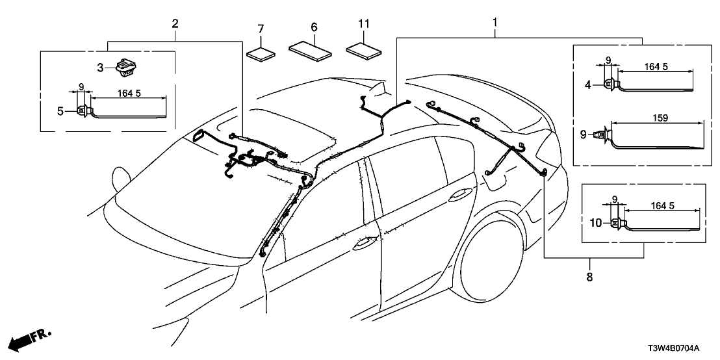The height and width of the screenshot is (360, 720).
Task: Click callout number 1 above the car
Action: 495,23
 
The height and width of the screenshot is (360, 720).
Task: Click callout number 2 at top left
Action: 175,24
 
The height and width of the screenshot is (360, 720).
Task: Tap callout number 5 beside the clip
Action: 60,111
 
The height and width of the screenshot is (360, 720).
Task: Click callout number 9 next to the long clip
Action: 584,135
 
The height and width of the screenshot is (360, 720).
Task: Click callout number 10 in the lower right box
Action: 596,223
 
